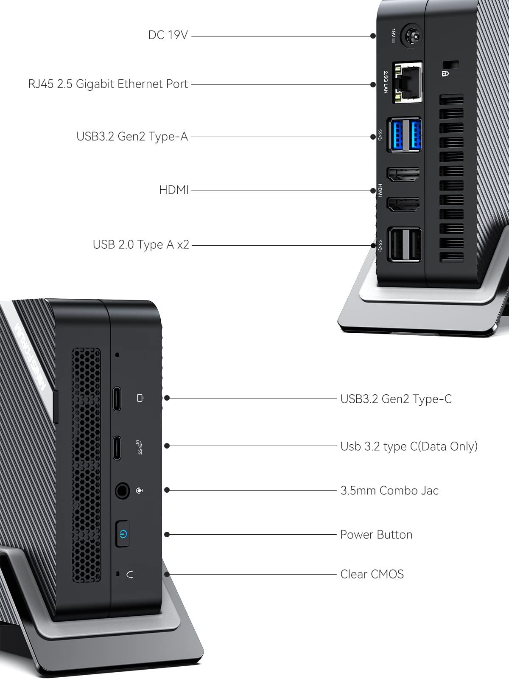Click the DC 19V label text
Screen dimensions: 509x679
pyautogui.click(x=168, y=35)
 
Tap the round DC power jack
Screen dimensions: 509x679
pyautogui.click(x=411, y=36)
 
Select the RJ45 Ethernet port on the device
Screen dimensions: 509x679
pyautogui.click(x=407, y=82)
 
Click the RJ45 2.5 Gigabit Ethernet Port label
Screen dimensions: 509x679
pyautogui.click(x=108, y=84)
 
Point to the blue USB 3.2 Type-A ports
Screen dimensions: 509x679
pyautogui.click(x=404, y=135)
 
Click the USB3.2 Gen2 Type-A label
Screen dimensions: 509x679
pyautogui.click(x=132, y=136)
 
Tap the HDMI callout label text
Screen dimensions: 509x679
pyautogui.click(x=173, y=190)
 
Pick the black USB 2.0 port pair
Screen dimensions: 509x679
pyautogui.click(x=404, y=245)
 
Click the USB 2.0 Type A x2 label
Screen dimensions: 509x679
pyautogui.click(x=141, y=244)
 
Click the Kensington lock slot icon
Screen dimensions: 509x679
pyautogui.click(x=445, y=73)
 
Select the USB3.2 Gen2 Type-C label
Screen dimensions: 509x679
pyautogui.click(x=396, y=399)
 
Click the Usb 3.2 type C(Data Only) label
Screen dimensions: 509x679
pyautogui.click(x=409, y=446)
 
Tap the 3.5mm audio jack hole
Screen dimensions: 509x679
pyautogui.click(x=122, y=490)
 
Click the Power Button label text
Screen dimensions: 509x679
pyautogui.click(x=376, y=535)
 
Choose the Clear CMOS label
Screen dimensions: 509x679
pyautogui.click(x=372, y=574)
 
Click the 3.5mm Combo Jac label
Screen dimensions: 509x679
pyautogui.click(x=389, y=491)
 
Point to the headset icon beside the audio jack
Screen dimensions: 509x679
pyautogui.click(x=140, y=490)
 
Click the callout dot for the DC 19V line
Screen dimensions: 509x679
pyautogui.click(x=373, y=36)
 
